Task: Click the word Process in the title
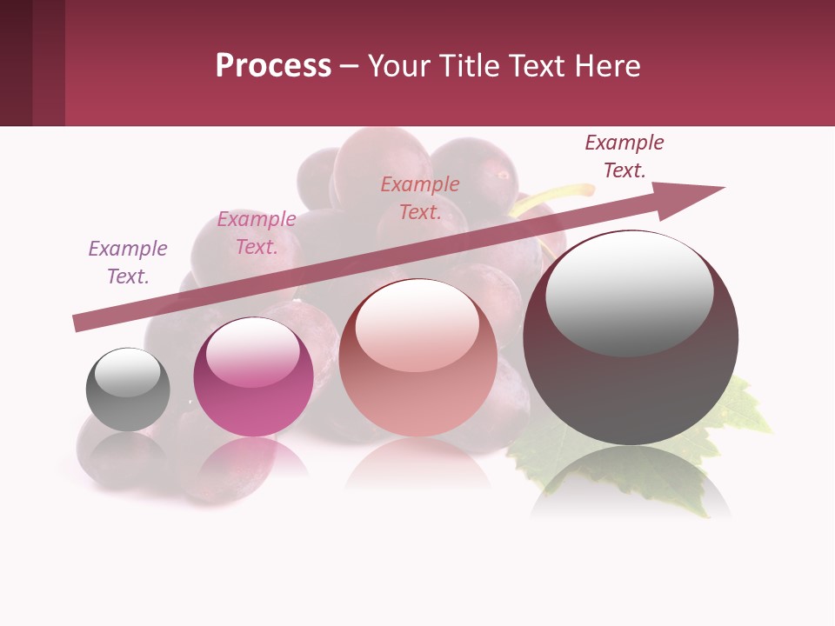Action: click(273, 66)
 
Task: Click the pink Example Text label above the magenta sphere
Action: click(257, 233)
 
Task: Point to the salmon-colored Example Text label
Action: click(420, 197)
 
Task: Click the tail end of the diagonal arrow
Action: click(78, 323)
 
